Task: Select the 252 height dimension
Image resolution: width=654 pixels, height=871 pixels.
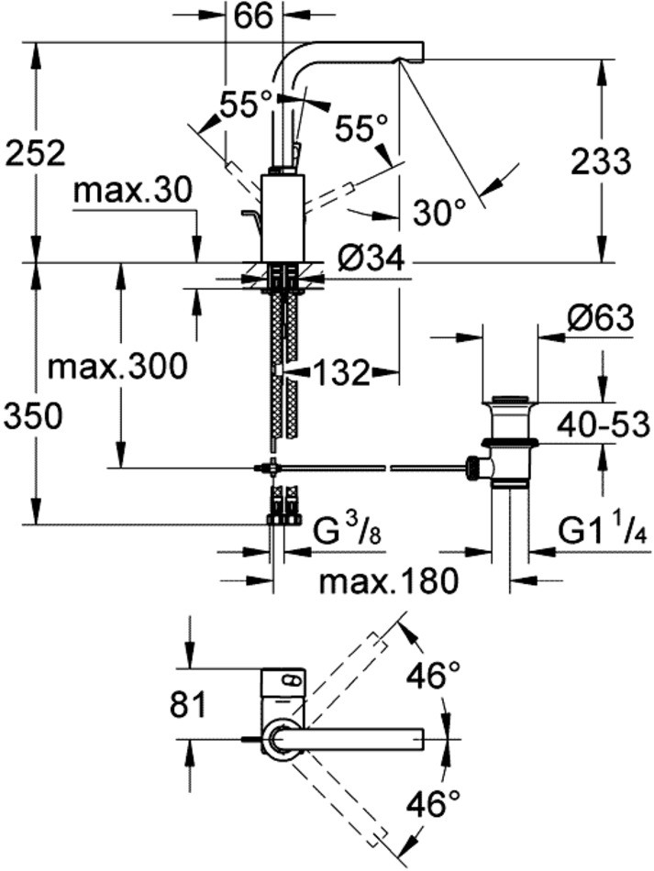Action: coord(35,152)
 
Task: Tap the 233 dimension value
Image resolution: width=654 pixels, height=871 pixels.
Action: coord(601,160)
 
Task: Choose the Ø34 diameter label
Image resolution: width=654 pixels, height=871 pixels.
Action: coord(371,260)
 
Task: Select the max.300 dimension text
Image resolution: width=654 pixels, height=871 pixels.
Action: coord(117,367)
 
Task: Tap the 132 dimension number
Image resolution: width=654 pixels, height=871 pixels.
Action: coord(340,372)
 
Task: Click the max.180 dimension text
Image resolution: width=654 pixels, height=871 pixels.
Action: coord(388,580)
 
